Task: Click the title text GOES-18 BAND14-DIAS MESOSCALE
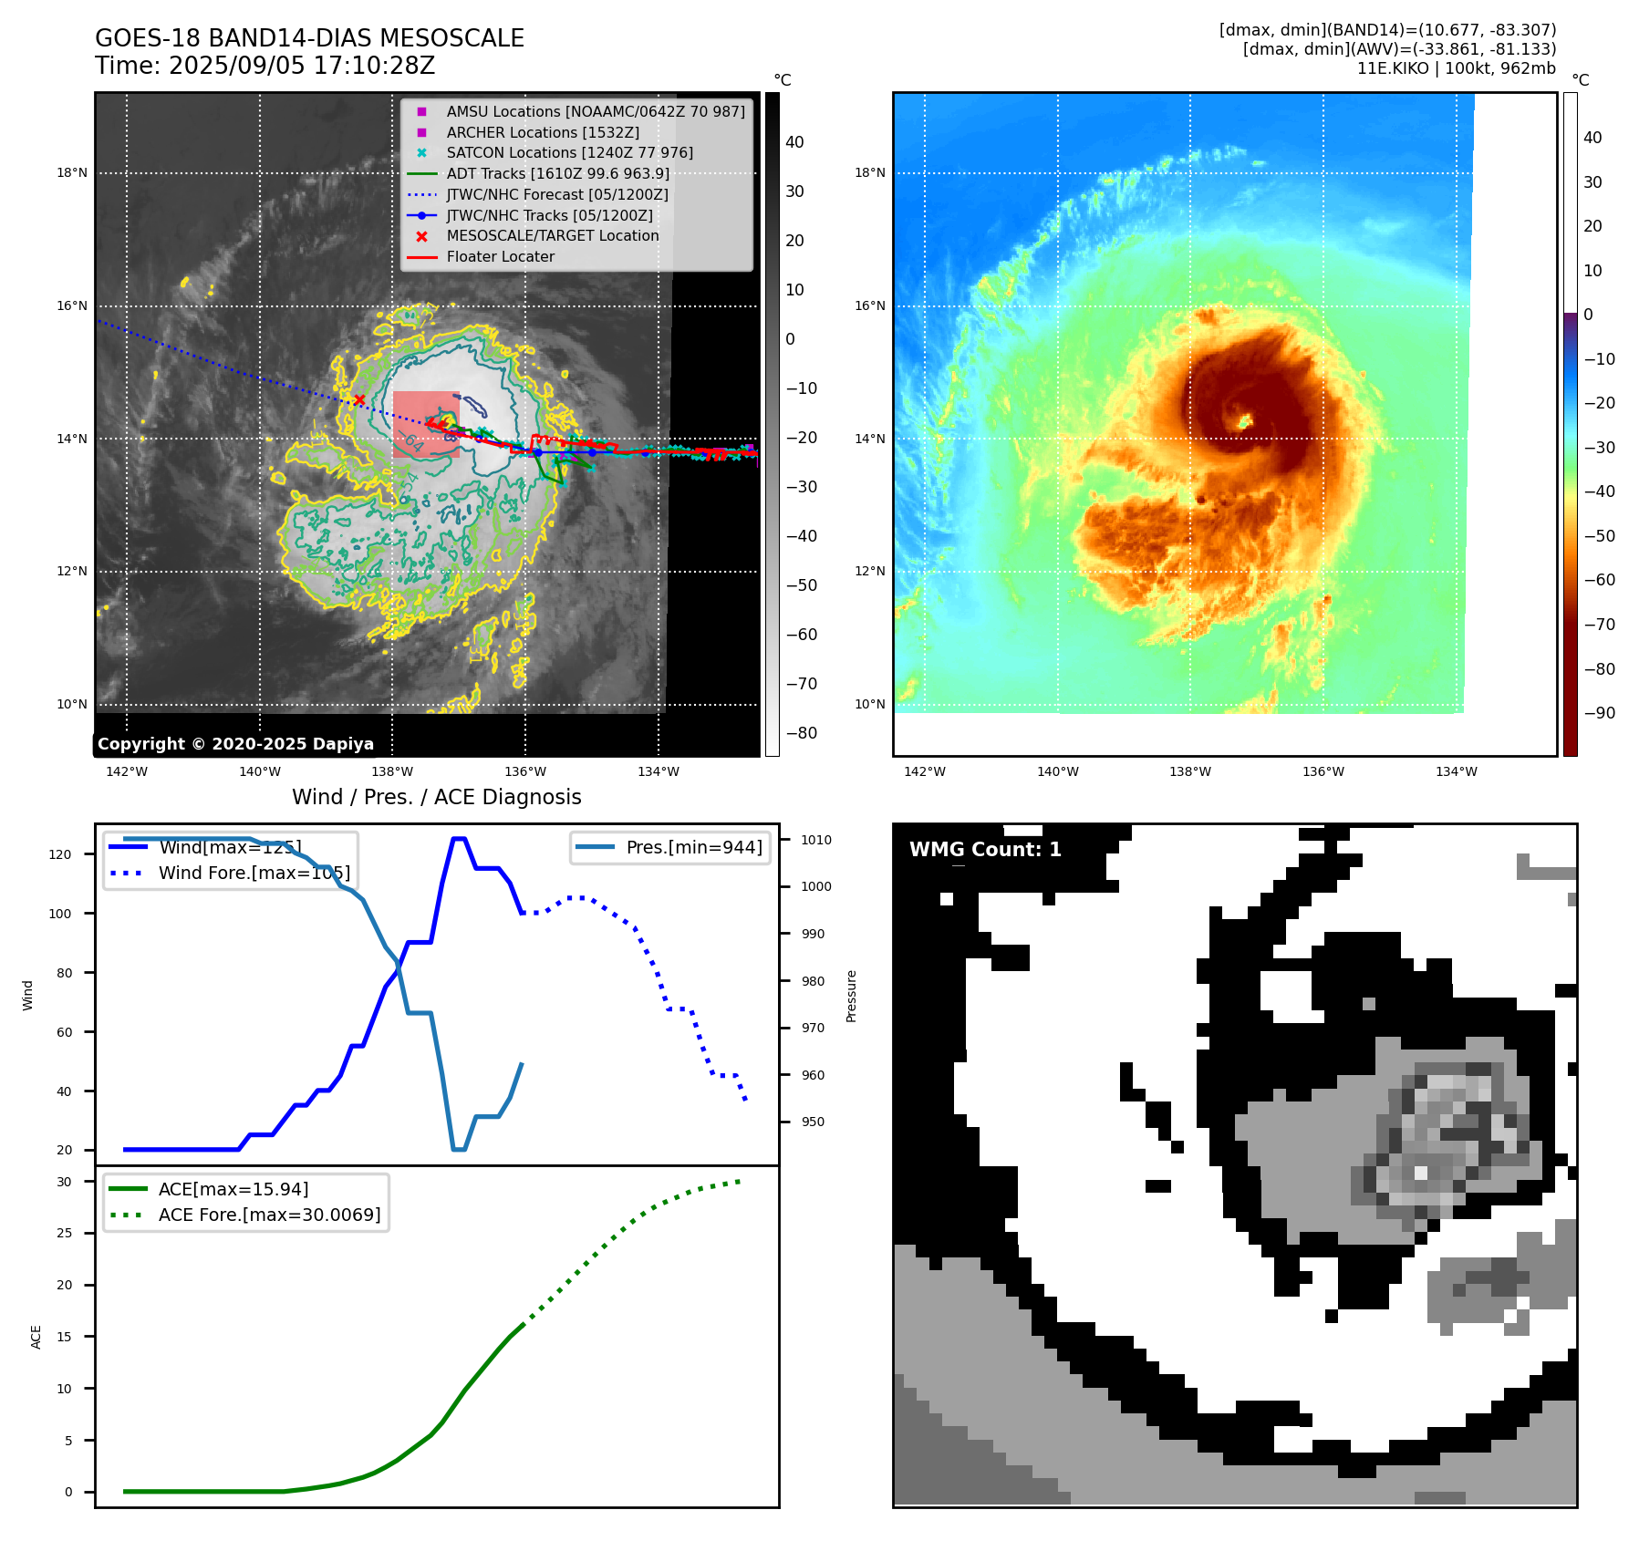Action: click(309, 38)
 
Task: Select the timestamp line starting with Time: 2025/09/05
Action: click(265, 67)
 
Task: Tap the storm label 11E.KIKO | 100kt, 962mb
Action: click(1456, 68)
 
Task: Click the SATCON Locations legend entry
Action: click(569, 153)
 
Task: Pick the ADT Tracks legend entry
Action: click(557, 174)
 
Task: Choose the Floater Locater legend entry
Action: click(500, 257)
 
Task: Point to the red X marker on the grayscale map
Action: click(359, 399)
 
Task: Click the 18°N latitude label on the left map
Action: click(72, 173)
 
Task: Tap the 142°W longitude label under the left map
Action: click(127, 772)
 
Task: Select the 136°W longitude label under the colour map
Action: click(1323, 772)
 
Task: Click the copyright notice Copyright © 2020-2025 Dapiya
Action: click(235, 744)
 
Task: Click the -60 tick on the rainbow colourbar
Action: click(1599, 580)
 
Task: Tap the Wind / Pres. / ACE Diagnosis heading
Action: click(436, 797)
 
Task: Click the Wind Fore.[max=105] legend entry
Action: click(254, 873)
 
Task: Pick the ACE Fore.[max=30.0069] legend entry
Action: click(269, 1215)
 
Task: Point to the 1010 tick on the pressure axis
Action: click(815, 840)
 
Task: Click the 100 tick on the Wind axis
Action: click(60, 914)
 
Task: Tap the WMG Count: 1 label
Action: click(985, 850)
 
